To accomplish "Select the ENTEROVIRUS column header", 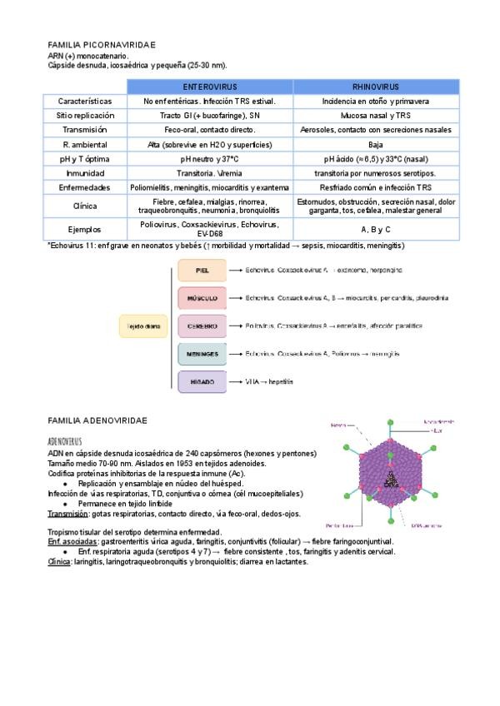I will tap(209, 87).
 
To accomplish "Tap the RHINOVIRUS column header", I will tap(375, 87).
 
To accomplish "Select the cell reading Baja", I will tap(375, 144).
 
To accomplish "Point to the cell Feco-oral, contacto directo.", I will tap(209, 130).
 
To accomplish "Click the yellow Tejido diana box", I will tap(144, 326).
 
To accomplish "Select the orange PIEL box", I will tap(202, 271).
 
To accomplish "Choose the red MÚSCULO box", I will tap(202, 298).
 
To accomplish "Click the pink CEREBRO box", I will tap(202, 326).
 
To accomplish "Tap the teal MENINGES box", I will tap(202, 354).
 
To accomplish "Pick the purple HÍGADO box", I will tap(202, 381).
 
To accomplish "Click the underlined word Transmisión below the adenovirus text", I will tap(68, 514).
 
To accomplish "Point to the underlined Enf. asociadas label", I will tap(72, 542).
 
